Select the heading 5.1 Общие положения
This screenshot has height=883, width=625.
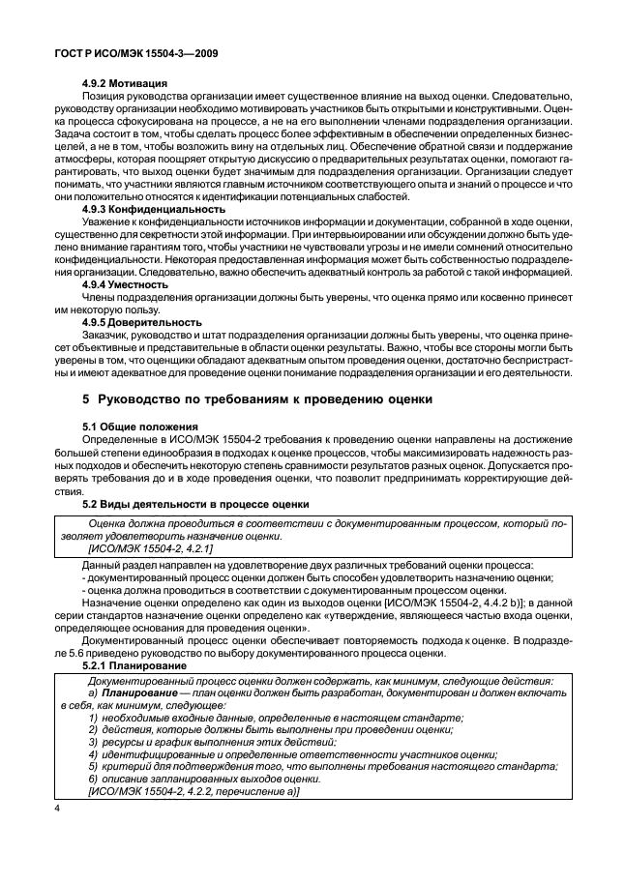pos(139,427)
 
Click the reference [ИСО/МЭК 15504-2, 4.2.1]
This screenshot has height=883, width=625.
pos(150,547)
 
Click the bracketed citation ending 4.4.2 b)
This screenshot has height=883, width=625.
pos(449,602)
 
